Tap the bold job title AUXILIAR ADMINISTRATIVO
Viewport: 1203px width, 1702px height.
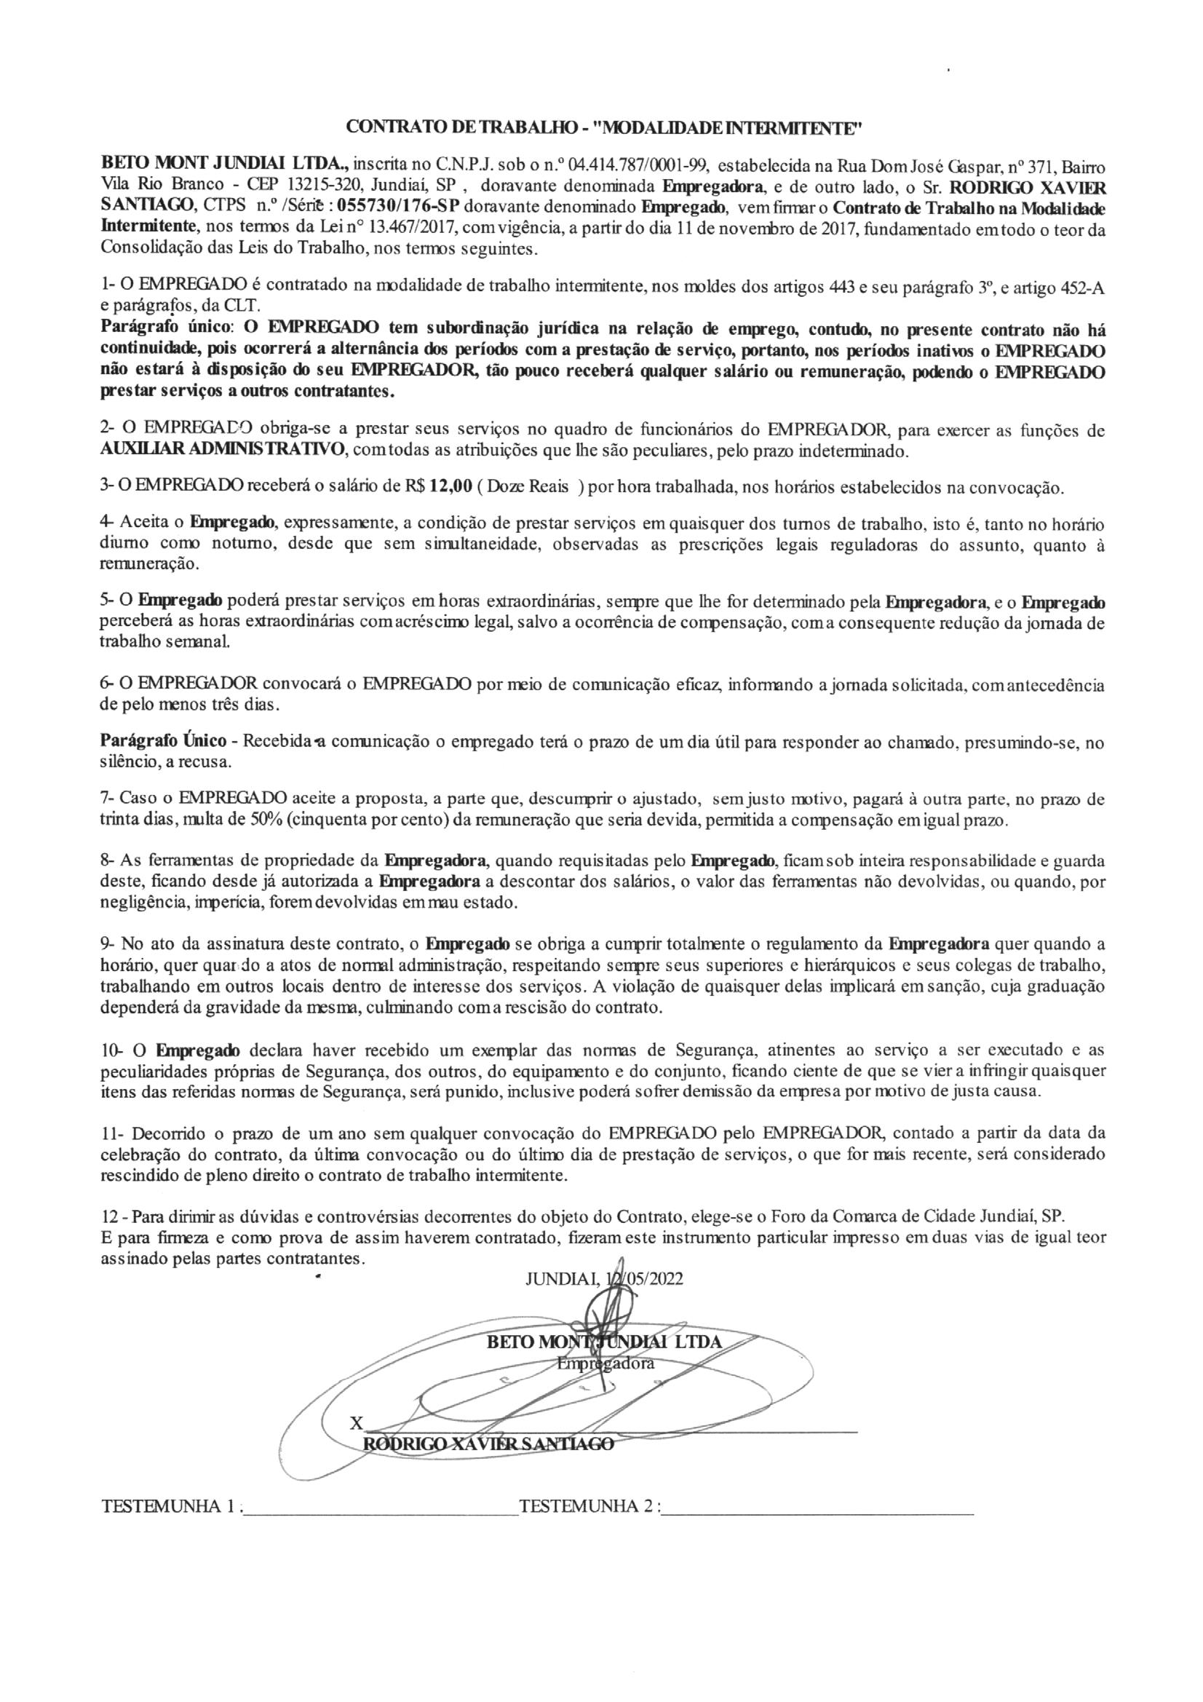[x=222, y=450]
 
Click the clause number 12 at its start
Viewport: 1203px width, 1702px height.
[x=108, y=1217]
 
